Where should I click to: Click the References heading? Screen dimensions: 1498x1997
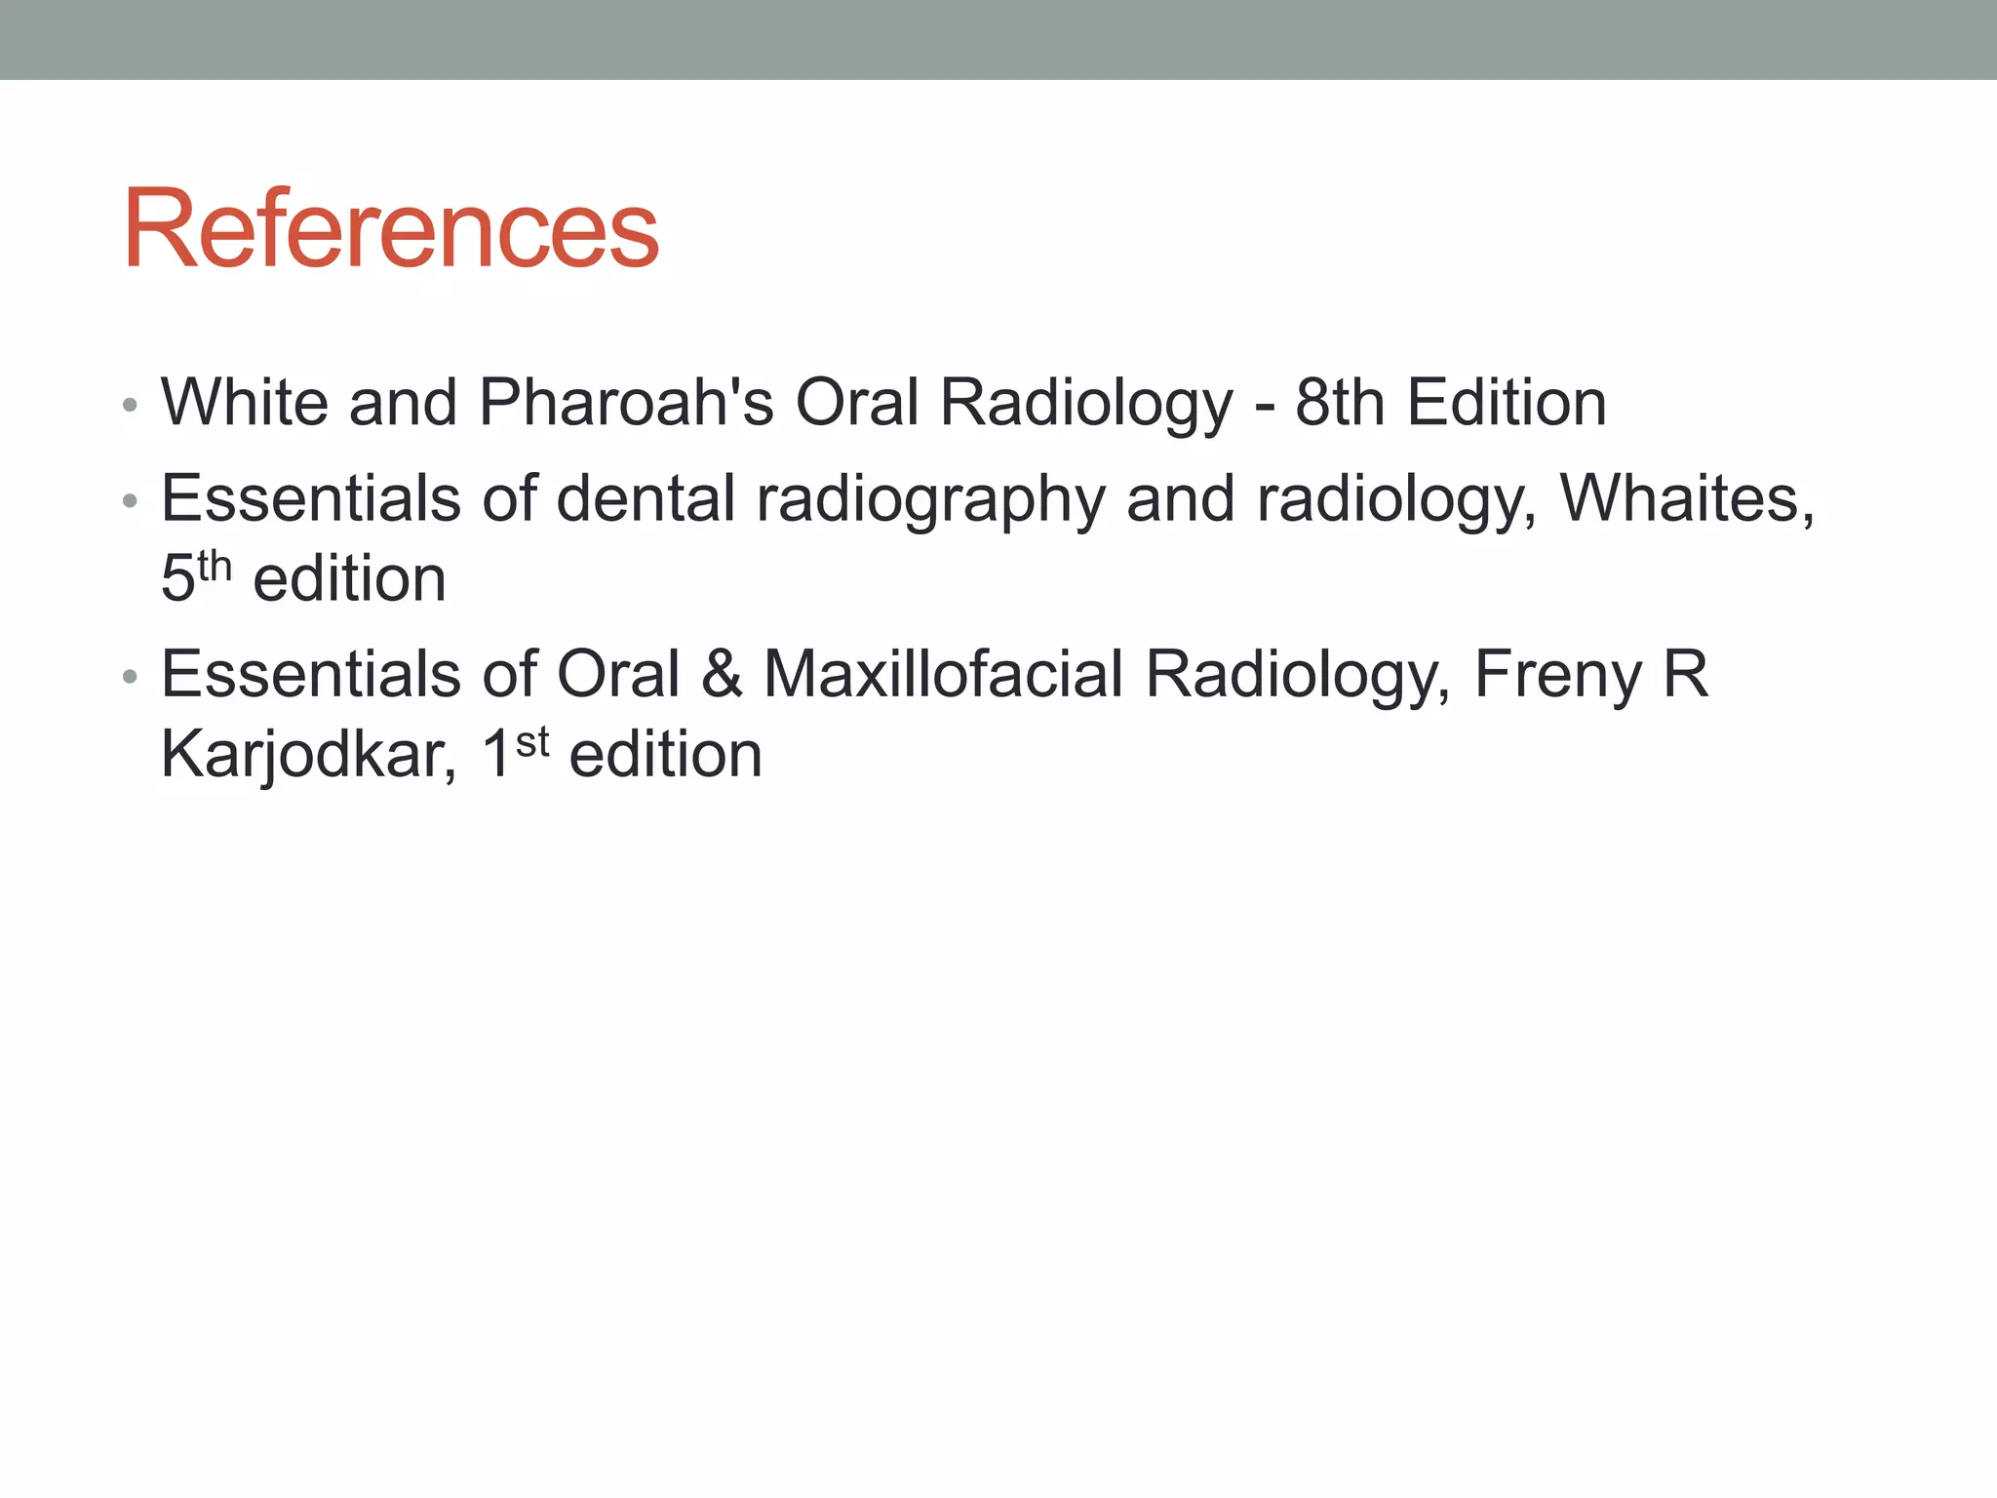tap(391, 229)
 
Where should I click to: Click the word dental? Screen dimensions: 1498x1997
tap(646, 498)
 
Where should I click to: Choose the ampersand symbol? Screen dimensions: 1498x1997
tap(722, 674)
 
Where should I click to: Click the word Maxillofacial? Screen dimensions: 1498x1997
tap(943, 674)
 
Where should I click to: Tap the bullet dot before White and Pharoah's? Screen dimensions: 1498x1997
tap(130, 405)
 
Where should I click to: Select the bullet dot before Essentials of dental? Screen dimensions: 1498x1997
tap(130, 501)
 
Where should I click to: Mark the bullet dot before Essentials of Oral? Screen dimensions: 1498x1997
tap(130, 677)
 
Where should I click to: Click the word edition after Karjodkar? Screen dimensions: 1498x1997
tap(665, 754)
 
